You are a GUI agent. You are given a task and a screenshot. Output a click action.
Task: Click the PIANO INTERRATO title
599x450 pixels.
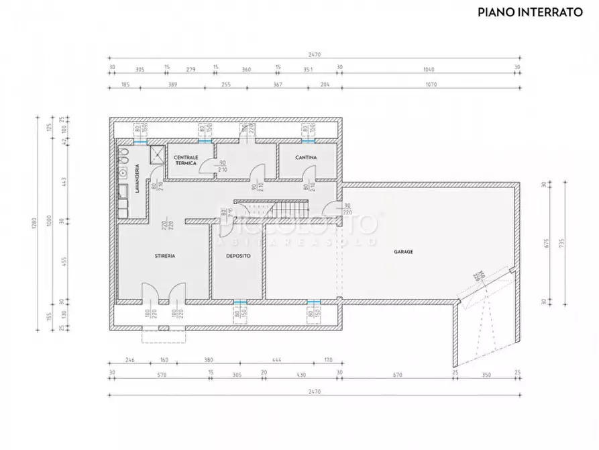click(530, 11)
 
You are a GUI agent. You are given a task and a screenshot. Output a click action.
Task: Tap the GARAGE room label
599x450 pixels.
click(403, 252)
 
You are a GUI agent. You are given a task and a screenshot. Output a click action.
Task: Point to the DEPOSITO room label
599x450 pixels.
click(238, 256)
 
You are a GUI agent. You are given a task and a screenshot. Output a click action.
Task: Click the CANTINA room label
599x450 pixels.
click(306, 157)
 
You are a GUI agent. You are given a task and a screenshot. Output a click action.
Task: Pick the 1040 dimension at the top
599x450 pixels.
click(429, 69)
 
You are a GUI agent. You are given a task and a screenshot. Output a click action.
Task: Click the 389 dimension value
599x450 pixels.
click(172, 85)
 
